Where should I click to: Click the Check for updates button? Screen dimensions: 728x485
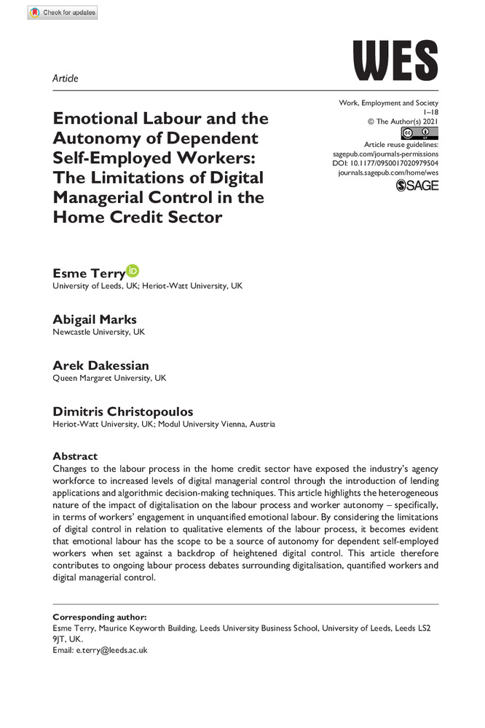pos(62,12)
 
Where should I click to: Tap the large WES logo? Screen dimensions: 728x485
pos(395,60)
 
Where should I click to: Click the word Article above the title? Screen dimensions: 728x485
pos(66,78)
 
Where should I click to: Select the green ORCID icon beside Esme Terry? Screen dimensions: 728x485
pos(132,271)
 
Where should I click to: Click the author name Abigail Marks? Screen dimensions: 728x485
pos(95,320)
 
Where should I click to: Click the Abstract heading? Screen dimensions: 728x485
pos(75,456)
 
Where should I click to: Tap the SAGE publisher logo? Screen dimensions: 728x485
pos(417,186)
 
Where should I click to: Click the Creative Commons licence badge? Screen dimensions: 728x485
pos(419,133)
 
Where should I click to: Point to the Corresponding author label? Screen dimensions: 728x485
pos(100,617)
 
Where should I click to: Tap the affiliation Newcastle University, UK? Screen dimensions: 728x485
pos(99,332)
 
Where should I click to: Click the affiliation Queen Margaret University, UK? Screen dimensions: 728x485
pos(109,379)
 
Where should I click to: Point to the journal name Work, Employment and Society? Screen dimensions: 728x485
pos(389,103)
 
